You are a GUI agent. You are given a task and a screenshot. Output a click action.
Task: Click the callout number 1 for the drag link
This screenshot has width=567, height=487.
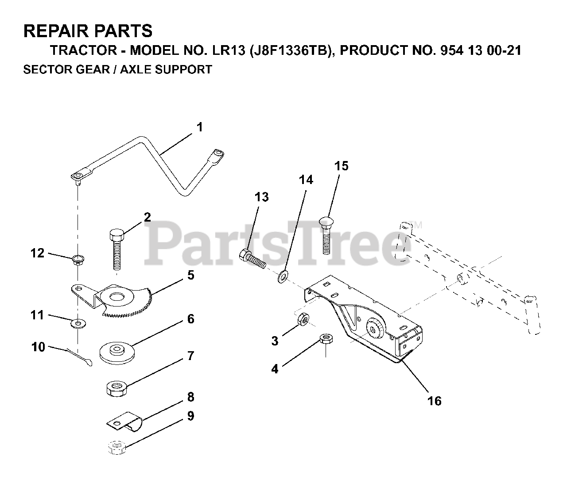(200, 127)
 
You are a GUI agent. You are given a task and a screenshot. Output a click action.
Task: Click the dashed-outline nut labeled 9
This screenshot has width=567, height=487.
(117, 449)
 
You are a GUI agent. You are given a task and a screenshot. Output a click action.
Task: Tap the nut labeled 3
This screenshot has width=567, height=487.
(303, 318)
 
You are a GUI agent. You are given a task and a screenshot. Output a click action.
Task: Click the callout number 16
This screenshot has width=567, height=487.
(435, 401)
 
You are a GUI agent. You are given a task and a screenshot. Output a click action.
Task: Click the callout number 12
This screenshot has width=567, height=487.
(38, 253)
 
